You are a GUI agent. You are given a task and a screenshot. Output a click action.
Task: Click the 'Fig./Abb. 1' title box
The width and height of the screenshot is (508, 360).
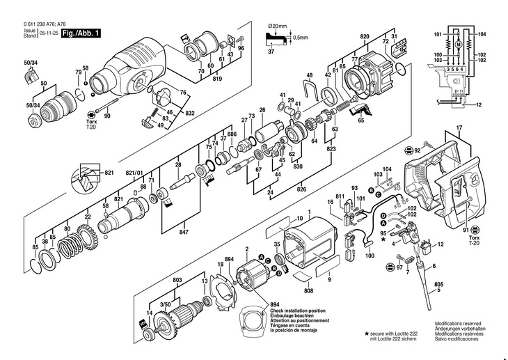point(80,32)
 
